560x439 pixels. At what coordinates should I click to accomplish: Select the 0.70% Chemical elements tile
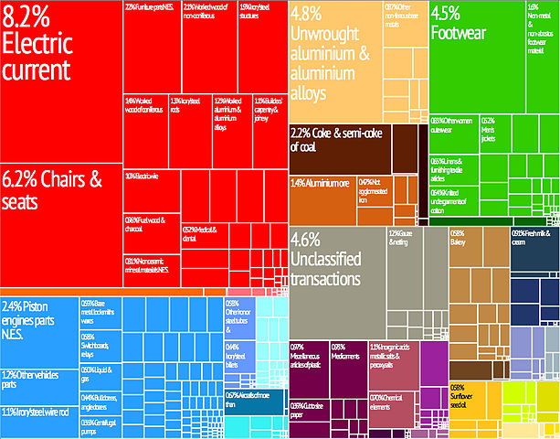393,402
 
